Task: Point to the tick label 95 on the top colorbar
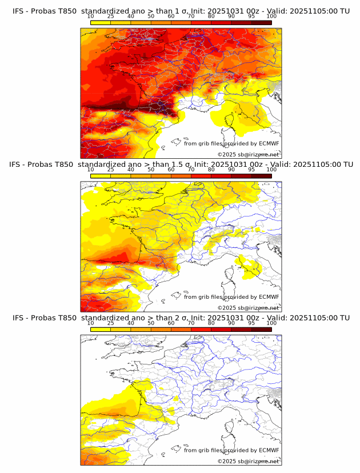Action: (x=251, y=17)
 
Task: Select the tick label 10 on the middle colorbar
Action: (x=90, y=170)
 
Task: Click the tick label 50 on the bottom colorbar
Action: (x=151, y=323)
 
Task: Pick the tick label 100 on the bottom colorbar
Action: (x=271, y=323)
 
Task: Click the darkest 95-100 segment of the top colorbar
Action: (x=261, y=22)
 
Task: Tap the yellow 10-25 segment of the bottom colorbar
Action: (x=101, y=329)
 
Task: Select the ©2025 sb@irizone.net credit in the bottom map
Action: (x=248, y=461)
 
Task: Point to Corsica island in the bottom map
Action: (x=231, y=427)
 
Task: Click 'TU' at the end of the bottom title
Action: (x=345, y=318)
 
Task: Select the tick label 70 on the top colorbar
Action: (x=191, y=17)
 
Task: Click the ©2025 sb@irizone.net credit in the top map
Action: (x=248, y=155)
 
